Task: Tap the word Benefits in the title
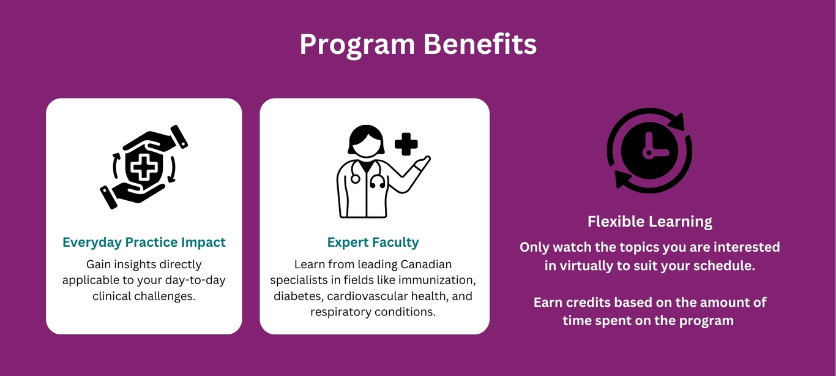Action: pos(480,44)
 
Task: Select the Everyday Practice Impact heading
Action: pos(144,243)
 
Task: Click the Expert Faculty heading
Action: pos(373,243)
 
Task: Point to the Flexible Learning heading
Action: pos(650,222)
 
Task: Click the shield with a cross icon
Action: pos(144,167)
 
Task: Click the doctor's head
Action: pos(366,141)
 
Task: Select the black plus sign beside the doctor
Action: pos(406,144)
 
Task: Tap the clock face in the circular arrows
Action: pos(650,151)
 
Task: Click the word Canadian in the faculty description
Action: pos(426,265)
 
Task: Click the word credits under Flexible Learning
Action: pos(588,303)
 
